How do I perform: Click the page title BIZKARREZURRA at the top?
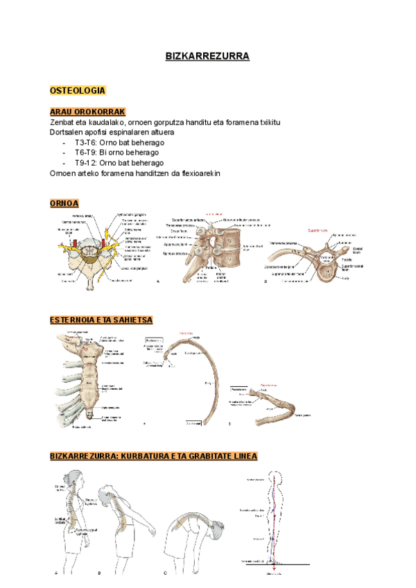[207, 56]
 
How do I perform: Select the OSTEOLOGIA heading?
[78, 91]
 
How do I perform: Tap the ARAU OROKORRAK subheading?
[87, 112]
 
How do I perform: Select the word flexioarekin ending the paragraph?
[198, 173]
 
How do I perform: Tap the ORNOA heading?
[64, 203]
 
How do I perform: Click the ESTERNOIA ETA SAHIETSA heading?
[101, 320]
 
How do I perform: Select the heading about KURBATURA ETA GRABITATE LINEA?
[154, 456]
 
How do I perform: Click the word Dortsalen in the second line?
[67, 132]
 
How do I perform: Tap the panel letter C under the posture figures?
[165, 573]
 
